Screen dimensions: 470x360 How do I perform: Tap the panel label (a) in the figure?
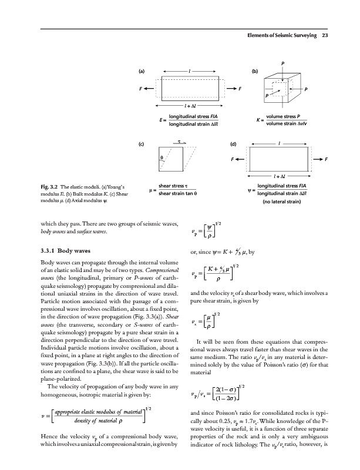click(x=142, y=72)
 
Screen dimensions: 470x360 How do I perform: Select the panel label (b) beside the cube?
click(x=254, y=72)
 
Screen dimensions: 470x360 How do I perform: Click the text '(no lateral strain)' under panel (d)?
click(x=282, y=203)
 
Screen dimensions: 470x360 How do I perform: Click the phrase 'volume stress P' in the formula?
click(x=284, y=116)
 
